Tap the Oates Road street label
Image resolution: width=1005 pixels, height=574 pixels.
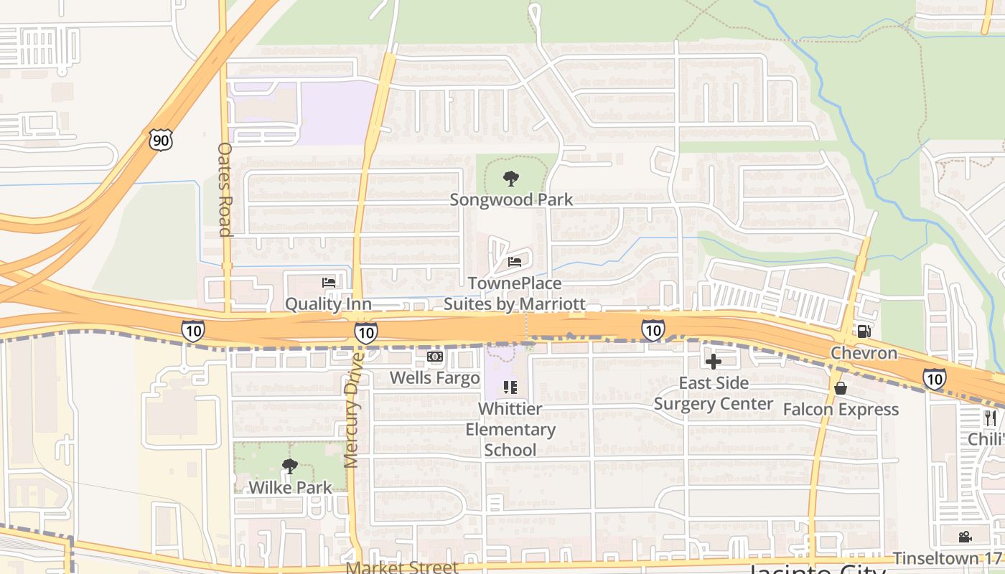(225, 189)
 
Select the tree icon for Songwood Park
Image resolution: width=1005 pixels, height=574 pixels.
(511, 178)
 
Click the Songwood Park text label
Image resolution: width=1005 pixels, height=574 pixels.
(511, 199)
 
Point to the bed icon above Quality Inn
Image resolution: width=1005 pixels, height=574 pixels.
(329, 283)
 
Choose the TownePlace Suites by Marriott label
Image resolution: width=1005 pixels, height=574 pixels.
(514, 294)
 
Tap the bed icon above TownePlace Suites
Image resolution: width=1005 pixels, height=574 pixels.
(515, 262)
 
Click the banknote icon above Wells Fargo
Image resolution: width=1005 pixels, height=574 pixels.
(435, 357)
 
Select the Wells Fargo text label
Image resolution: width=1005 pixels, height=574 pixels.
(435, 377)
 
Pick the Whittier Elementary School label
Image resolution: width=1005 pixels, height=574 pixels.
(510, 429)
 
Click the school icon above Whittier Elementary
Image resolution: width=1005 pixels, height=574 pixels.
(510, 388)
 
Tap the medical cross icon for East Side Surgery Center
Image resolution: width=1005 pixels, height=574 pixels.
(714, 361)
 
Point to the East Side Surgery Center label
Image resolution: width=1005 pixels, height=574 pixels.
(714, 393)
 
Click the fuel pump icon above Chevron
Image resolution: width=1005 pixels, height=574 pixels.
(864, 331)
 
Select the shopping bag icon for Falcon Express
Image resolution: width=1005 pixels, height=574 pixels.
(841, 388)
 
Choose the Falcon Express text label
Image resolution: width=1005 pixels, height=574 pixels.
(841, 410)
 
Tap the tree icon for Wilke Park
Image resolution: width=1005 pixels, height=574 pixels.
(290, 467)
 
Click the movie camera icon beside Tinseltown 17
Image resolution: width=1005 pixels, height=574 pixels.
(966, 537)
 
